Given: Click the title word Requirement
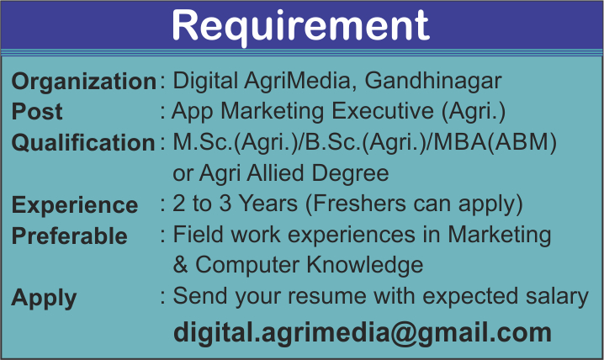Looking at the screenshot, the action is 300,26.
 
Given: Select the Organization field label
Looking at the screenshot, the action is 84,82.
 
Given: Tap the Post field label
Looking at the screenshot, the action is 37,112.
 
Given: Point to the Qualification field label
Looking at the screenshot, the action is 83,142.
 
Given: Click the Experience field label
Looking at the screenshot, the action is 75,205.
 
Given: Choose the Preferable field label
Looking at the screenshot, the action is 69,236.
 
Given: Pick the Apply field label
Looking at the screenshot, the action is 44,299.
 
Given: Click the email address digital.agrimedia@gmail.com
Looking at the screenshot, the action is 363,332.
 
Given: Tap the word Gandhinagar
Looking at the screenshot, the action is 433,82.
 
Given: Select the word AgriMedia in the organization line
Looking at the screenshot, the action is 297,82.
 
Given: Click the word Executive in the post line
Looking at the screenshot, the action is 383,111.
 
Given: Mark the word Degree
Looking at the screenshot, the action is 350,173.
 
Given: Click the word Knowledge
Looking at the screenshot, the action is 365,265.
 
